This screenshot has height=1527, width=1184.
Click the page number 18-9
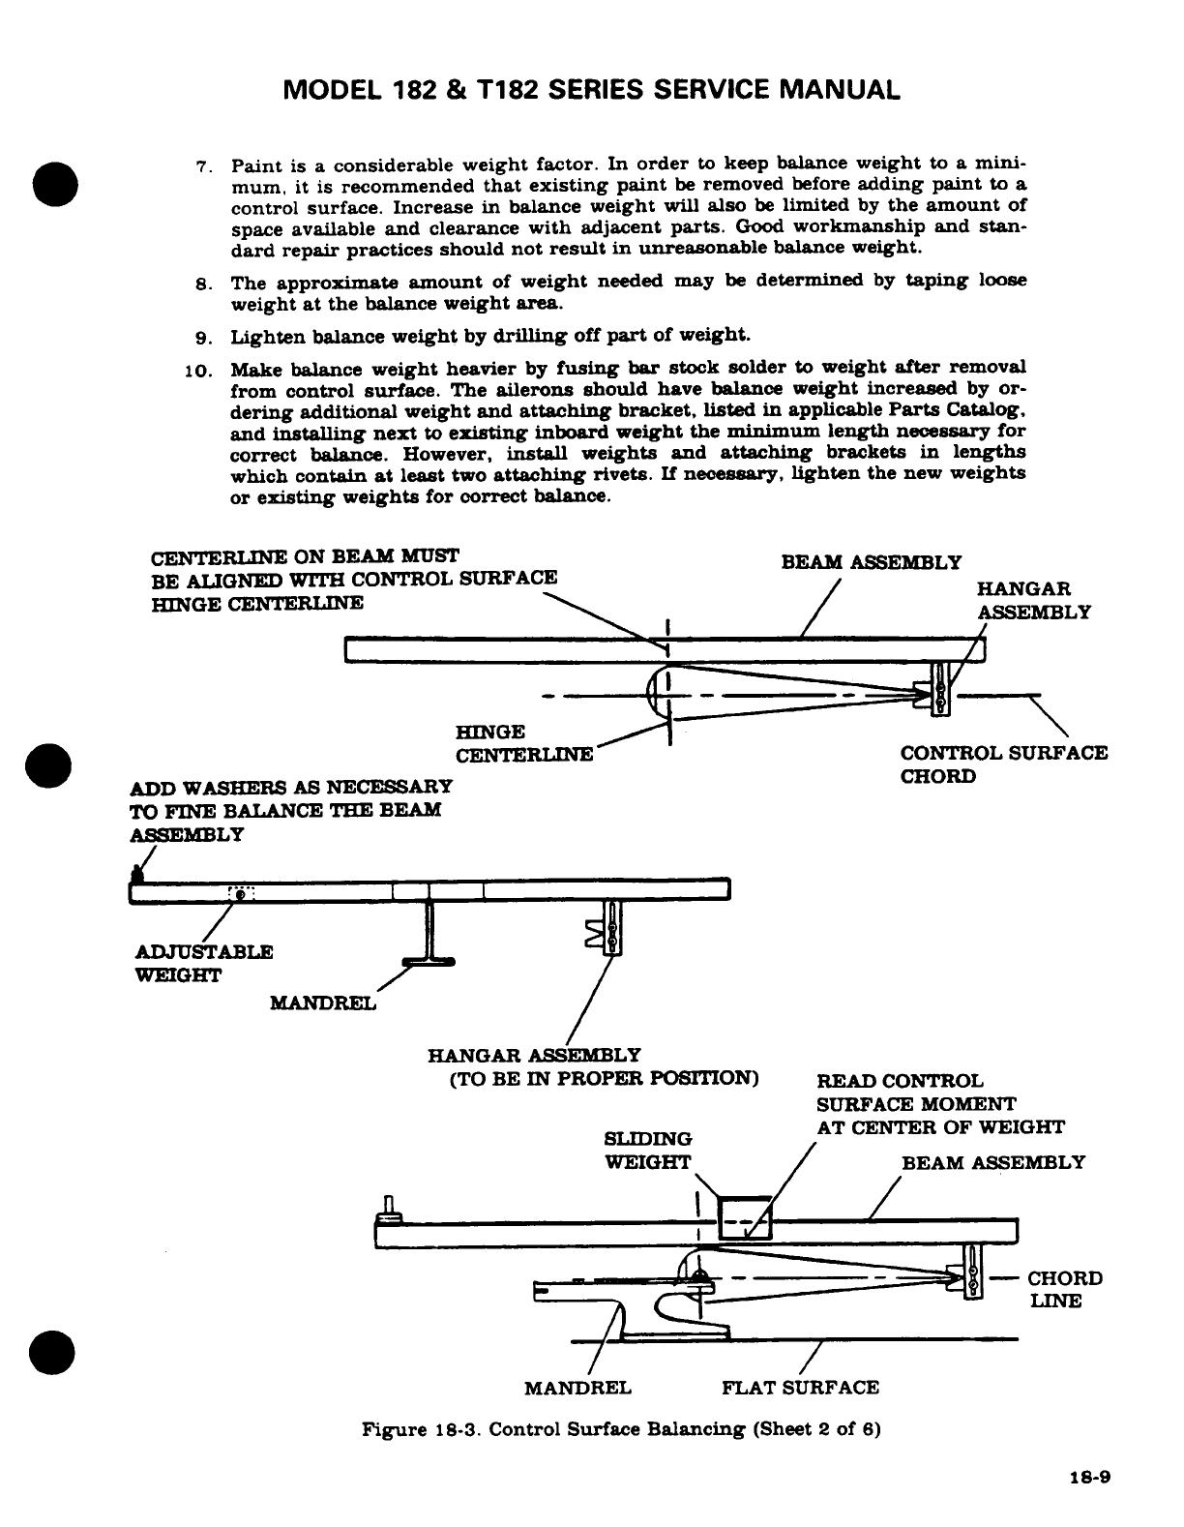1091,1478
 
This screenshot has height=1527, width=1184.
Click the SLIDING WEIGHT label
648,1151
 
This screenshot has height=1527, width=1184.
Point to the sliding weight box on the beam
743,1216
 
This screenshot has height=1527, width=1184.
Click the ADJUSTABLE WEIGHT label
203,964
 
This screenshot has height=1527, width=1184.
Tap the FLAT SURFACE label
801,1388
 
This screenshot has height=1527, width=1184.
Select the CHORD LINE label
1064,1290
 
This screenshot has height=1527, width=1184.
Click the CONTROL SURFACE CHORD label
1003,764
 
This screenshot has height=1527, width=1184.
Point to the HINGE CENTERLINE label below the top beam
523,743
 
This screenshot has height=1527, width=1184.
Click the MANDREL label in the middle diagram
323,1003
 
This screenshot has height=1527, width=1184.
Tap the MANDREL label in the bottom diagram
577,1388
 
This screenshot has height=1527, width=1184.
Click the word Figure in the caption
391,1429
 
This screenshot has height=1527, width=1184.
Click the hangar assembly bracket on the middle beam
610,927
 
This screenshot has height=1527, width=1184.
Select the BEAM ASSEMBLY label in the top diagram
871,562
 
